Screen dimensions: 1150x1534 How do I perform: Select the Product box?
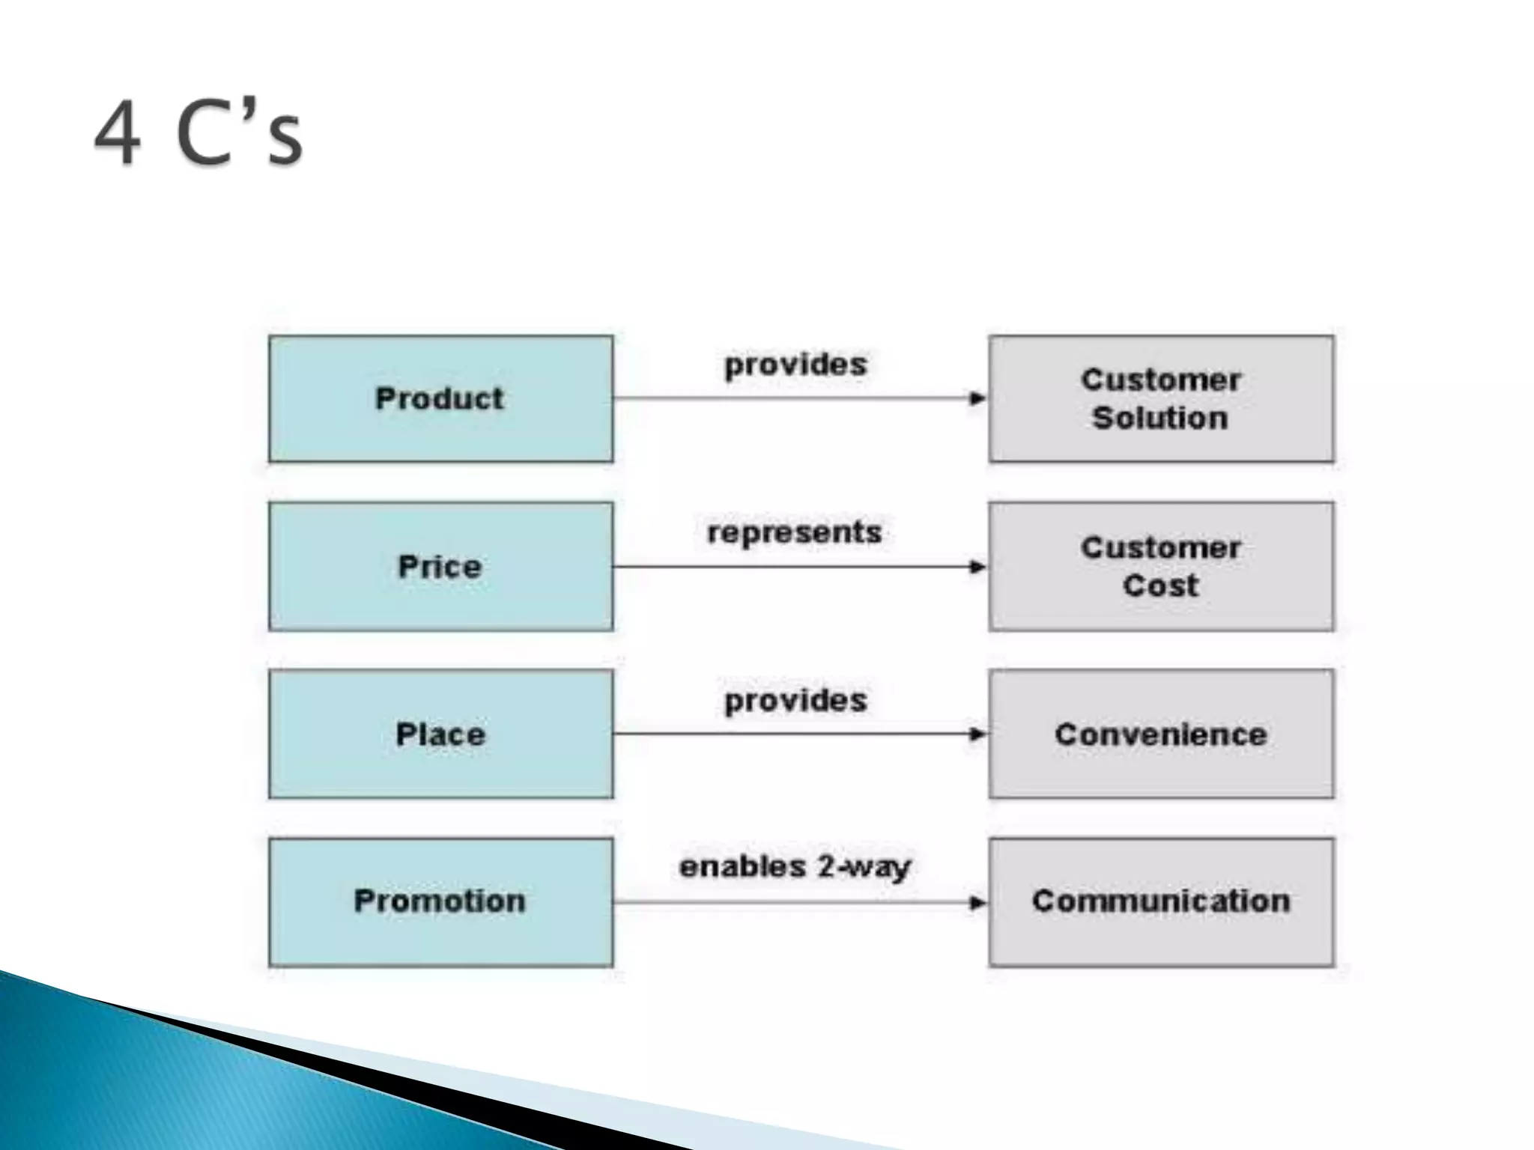tap(440, 398)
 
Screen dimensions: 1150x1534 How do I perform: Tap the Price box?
tap(440, 566)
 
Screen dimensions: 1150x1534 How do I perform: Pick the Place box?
tap(440, 734)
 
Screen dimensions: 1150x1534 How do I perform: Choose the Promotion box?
tap(440, 901)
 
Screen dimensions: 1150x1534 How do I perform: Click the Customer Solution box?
tap(1161, 398)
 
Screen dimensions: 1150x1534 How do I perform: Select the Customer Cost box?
tap(1161, 566)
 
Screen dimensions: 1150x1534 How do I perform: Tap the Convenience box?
tap(1161, 734)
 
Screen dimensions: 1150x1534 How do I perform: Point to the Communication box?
tap(1161, 901)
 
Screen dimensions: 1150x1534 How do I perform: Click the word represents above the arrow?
tap(795, 533)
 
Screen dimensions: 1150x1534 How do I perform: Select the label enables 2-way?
tap(795, 867)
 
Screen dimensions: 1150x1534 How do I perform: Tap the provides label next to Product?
tap(795, 365)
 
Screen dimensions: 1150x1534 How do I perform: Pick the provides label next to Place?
tap(795, 701)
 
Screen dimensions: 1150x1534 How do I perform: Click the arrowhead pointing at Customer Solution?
tap(977, 398)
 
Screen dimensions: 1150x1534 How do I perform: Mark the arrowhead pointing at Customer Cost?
tap(977, 567)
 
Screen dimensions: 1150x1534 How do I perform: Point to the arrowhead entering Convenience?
tap(977, 734)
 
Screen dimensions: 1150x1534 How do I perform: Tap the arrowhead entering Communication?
tap(977, 902)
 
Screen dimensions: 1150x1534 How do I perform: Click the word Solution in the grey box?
tap(1160, 418)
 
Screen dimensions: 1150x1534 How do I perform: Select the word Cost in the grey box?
tap(1160, 585)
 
